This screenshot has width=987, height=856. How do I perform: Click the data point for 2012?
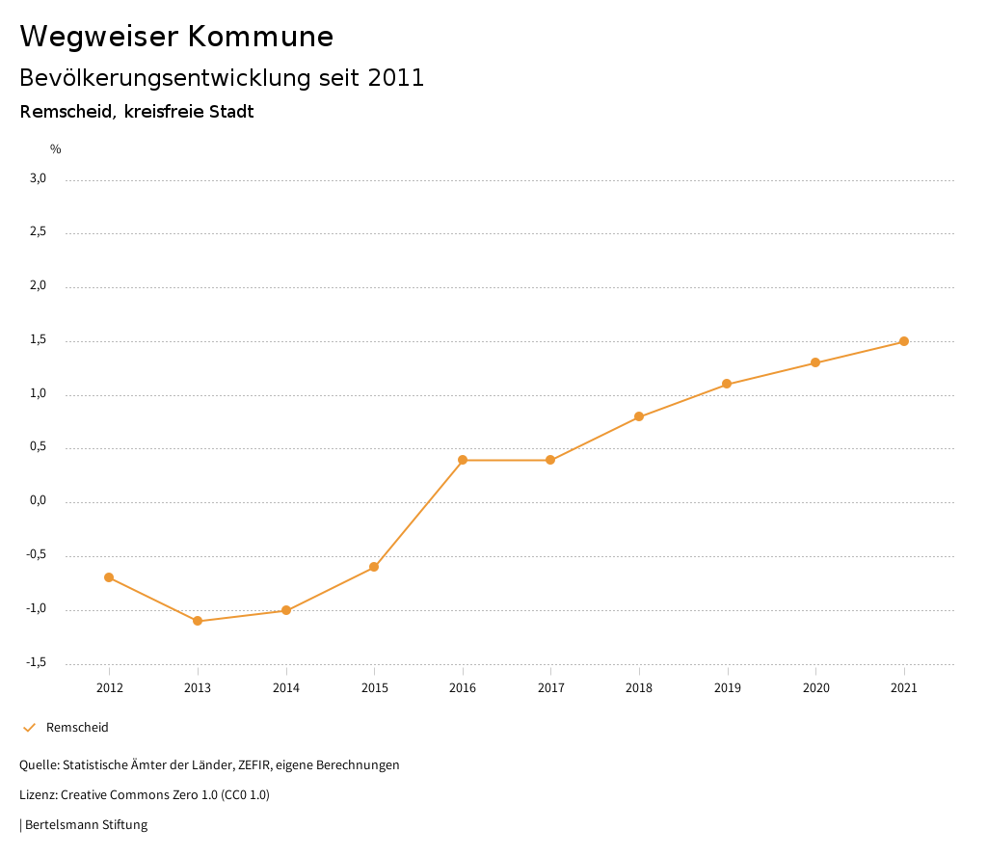pos(109,577)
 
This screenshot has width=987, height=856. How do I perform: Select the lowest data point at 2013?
pos(198,621)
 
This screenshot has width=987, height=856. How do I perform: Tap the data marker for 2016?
pos(463,460)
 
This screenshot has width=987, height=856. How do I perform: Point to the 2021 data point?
pos(904,341)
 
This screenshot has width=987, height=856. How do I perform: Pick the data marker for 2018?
pos(639,416)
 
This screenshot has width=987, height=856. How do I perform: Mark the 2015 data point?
pos(374,567)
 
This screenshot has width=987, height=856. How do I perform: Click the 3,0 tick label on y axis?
pos(38,178)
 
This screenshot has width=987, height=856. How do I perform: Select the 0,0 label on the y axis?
pos(38,501)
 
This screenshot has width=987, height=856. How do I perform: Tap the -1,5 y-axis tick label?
pos(36,662)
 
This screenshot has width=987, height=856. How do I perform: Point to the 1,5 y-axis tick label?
pos(38,340)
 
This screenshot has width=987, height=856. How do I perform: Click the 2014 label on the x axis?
pos(286,688)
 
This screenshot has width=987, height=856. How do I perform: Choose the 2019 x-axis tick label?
pos(728,688)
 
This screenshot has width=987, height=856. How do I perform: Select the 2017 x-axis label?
pos(550,688)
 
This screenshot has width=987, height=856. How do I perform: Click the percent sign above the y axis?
pos(56,149)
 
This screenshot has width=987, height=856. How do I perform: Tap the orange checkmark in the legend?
pos(29,728)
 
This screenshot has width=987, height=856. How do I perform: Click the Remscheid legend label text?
pos(77,728)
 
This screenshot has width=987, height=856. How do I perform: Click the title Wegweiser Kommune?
pos(176,37)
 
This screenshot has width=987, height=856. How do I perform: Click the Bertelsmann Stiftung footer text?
pos(86,825)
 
